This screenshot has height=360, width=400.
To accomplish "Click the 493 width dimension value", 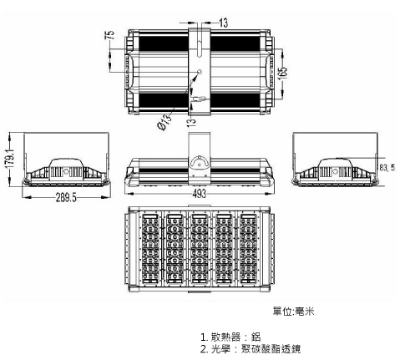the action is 199,193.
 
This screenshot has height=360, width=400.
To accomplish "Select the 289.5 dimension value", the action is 66,197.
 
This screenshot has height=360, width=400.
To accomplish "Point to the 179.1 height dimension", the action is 10,158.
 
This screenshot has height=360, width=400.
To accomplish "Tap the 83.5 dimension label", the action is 387,167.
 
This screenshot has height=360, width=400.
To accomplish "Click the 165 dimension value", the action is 282,74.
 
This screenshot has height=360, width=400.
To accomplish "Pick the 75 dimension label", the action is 110,34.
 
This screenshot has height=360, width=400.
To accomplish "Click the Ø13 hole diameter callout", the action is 165,122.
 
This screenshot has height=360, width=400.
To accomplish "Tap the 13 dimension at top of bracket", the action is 223,23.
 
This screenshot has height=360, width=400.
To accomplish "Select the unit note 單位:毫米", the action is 293,311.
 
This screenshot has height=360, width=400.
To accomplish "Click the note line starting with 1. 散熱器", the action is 230,337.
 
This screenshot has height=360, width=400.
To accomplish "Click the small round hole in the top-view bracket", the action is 200,72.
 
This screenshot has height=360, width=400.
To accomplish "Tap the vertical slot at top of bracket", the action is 199,48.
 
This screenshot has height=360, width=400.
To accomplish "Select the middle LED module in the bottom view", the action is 199,248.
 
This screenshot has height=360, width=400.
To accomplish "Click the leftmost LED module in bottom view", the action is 150,248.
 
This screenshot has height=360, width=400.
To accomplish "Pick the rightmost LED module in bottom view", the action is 248,248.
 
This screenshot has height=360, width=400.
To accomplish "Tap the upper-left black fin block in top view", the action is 164,43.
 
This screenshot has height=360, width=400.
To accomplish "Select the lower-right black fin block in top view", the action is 235,100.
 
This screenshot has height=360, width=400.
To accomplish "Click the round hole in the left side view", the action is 66,171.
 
